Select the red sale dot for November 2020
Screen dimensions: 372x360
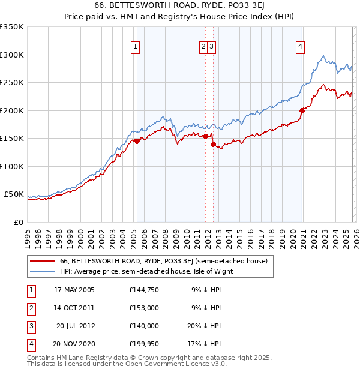[x=302, y=110]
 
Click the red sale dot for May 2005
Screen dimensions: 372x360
[x=137, y=141]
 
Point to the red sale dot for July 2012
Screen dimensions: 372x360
[x=213, y=144]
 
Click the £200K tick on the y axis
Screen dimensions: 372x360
[x=12, y=110]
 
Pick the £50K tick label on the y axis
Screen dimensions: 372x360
[x=14, y=194]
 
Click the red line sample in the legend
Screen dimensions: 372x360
[x=43, y=261]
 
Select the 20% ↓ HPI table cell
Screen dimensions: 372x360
[x=205, y=326]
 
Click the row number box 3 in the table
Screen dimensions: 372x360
[x=29, y=326]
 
